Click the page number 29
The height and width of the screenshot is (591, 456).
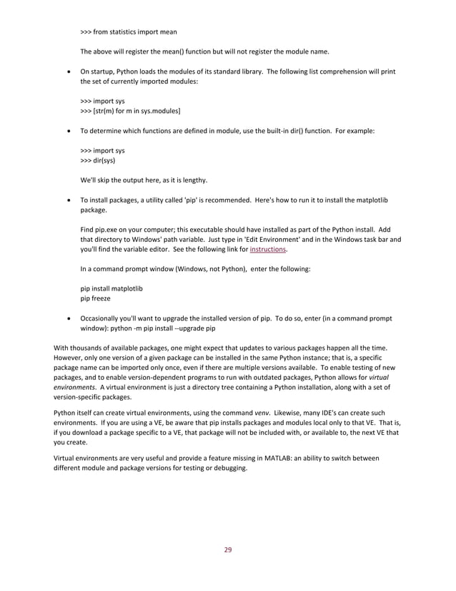[228, 550]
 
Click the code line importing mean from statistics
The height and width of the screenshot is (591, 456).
[129, 31]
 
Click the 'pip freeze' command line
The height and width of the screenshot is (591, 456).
[95, 298]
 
